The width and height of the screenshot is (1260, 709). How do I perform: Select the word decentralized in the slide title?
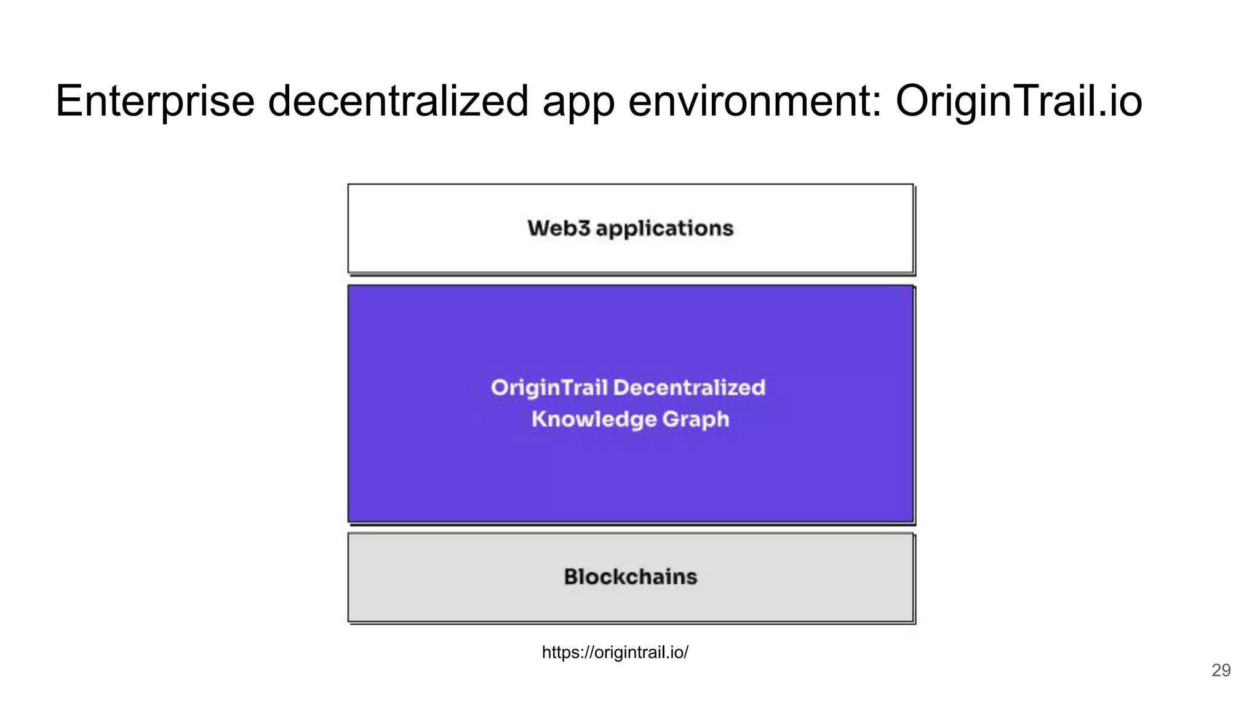click(398, 102)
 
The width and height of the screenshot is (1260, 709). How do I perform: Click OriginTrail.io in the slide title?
click(1019, 102)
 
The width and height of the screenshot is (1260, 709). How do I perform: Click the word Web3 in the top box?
click(559, 228)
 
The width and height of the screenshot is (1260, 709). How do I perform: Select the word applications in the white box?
click(664, 229)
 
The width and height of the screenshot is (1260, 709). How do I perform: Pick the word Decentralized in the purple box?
click(690, 388)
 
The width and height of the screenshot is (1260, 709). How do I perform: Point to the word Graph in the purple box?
click(696, 420)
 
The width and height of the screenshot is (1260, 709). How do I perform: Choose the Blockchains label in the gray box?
click(631, 577)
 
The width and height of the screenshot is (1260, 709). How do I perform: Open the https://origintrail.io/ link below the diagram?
click(615, 652)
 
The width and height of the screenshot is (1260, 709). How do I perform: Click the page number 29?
click(1221, 670)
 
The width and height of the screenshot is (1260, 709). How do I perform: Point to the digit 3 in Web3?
click(584, 228)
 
